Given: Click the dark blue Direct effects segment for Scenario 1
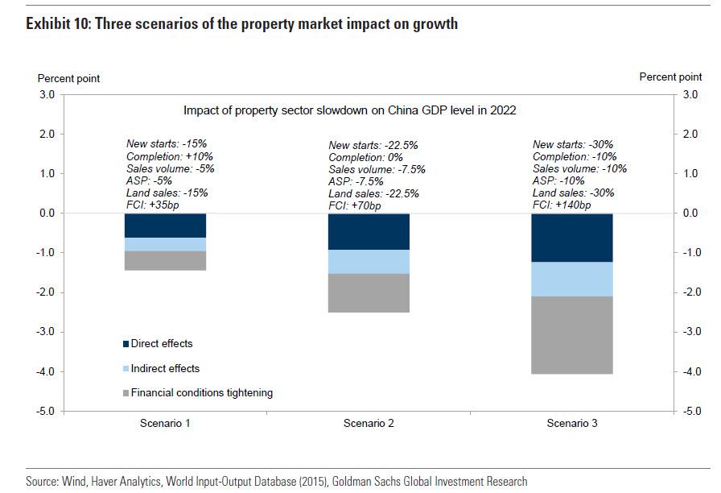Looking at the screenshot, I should click(x=166, y=225).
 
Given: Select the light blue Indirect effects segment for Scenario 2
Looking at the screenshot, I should click(x=369, y=262).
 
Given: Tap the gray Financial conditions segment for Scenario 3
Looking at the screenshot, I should click(x=573, y=335).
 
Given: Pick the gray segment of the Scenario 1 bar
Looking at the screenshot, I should click(x=166, y=260).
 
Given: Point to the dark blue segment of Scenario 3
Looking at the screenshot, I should click(x=573, y=238).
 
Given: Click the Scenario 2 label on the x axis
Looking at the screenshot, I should click(x=369, y=423).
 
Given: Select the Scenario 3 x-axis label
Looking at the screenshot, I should click(x=573, y=423).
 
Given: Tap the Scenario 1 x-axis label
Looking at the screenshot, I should click(x=165, y=423).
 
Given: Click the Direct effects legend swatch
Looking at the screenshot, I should click(x=126, y=344).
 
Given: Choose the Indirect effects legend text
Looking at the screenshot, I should click(x=165, y=368).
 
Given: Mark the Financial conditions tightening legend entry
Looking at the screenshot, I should click(x=201, y=393).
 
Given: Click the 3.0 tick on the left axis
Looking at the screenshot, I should click(x=46, y=94).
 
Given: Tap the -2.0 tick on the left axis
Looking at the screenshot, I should click(x=44, y=292).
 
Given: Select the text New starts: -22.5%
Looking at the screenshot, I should click(x=373, y=146).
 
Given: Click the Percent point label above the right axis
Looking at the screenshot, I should click(x=670, y=77).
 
